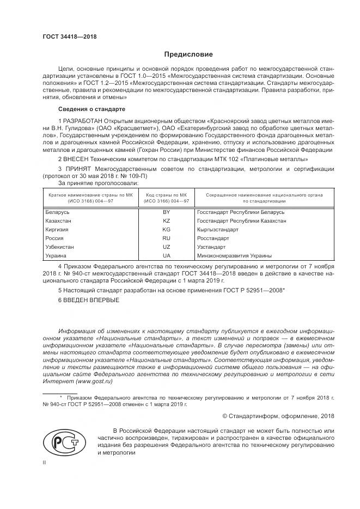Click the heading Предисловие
[189, 54]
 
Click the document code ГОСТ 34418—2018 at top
[69, 36]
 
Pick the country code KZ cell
[167, 220]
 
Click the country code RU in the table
[167, 238]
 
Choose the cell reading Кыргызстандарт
[218, 229]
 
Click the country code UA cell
[167, 255]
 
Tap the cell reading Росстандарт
[213, 238]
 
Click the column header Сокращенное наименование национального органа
[257, 194]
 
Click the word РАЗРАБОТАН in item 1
[86, 120]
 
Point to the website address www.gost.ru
[95, 382]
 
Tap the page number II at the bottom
[45, 462]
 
